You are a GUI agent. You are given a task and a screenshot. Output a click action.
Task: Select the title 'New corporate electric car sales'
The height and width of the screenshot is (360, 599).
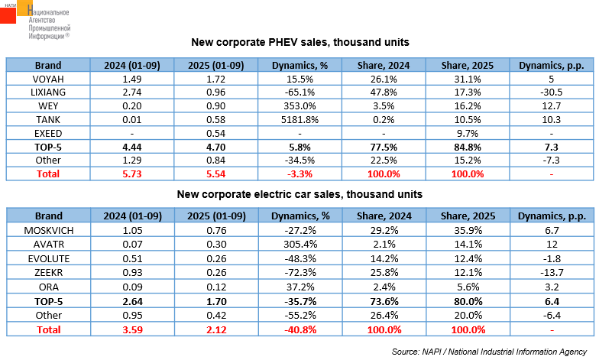pos(299,194)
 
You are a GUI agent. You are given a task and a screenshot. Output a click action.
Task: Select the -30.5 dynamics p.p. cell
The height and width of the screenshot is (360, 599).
pos(551,92)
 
